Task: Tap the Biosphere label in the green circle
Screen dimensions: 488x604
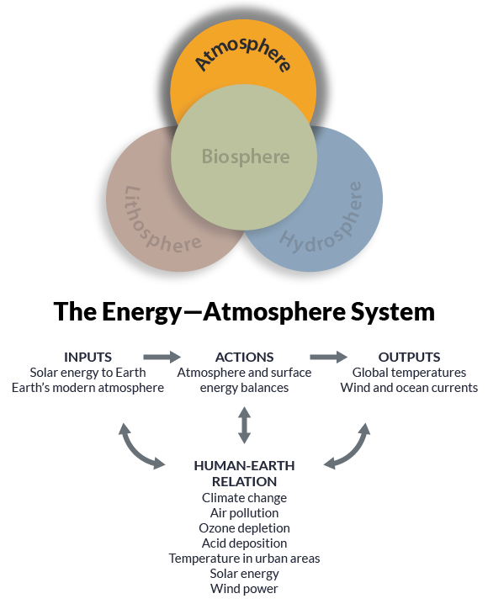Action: [246, 156]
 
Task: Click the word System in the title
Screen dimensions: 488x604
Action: [392, 312]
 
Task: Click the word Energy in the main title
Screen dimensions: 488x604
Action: [141, 313]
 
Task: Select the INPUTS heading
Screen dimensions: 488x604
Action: [88, 357]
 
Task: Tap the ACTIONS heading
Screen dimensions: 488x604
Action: [244, 357]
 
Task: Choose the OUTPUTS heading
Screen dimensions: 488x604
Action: [409, 357]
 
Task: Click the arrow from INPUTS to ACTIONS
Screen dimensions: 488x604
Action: [162, 357]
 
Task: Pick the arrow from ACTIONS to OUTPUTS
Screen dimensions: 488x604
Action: [328, 357]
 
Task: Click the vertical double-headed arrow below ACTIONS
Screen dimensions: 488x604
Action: [244, 426]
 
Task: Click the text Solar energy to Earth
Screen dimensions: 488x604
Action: [88, 373]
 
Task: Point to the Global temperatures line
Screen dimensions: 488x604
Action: [409, 373]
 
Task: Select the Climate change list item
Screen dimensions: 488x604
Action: [244, 498]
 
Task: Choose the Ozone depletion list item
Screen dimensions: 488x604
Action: [244, 528]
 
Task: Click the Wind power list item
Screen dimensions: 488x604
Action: [244, 589]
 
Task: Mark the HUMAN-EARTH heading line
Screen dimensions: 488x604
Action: [244, 466]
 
